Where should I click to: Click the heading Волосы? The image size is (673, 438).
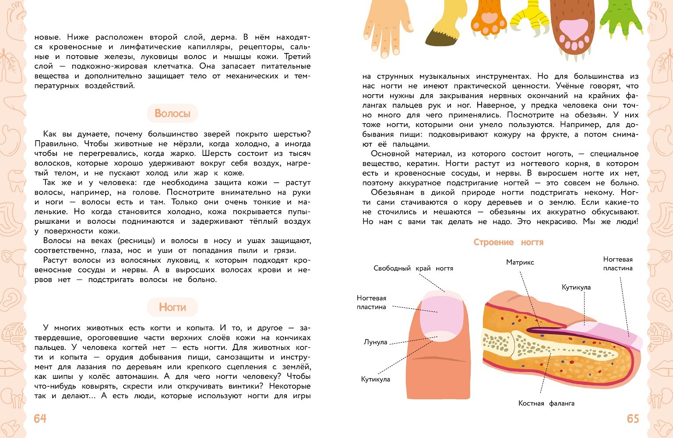pyautogui.click(x=172, y=114)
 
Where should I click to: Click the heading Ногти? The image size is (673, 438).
pyautogui.click(x=172, y=307)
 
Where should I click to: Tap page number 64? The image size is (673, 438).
pyautogui.click(x=40, y=419)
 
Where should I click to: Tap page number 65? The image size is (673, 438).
pyautogui.click(x=633, y=419)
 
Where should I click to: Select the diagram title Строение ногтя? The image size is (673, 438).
pyautogui.click(x=508, y=242)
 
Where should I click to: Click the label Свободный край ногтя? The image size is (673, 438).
pyautogui.click(x=413, y=268)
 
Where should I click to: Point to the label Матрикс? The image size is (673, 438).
pyautogui.click(x=520, y=262)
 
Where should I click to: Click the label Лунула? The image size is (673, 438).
pyautogui.click(x=375, y=342)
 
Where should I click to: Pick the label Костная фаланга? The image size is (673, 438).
pyautogui.click(x=546, y=403)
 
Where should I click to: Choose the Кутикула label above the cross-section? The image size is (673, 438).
pyautogui.click(x=576, y=287)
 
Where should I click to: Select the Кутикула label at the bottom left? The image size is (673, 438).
pyautogui.click(x=375, y=379)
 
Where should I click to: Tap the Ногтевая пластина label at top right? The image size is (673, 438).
pyautogui.click(x=617, y=264)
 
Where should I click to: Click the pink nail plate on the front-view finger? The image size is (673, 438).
pyautogui.click(x=441, y=314)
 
